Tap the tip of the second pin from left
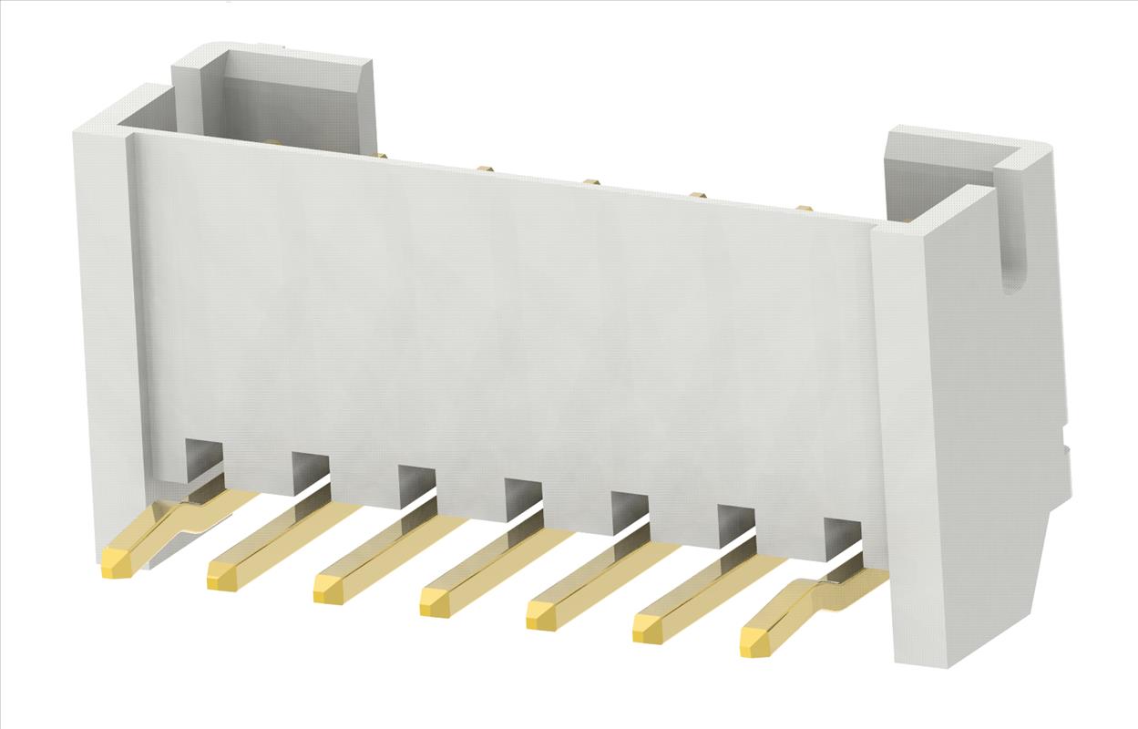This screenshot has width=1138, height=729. point(222,576)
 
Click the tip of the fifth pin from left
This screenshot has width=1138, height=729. point(541,616)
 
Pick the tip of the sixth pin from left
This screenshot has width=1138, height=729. point(648,629)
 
